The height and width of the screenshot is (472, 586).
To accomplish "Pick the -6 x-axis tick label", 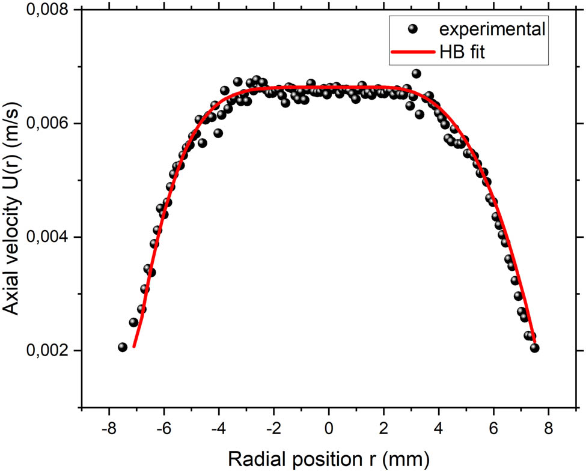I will pyautogui.click(x=162, y=431).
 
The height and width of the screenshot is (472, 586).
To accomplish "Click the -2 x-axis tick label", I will pyautogui.click(x=272, y=431).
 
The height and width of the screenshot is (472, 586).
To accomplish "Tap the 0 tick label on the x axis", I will pyautogui.click(x=329, y=431).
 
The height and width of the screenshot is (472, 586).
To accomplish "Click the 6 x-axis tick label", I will pyautogui.click(x=494, y=431).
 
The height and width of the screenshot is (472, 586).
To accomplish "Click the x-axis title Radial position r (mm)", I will pyautogui.click(x=328, y=459).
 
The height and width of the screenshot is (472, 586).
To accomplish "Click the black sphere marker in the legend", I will pyautogui.click(x=412, y=28).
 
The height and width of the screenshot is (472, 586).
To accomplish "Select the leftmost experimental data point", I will pyautogui.click(x=123, y=347).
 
